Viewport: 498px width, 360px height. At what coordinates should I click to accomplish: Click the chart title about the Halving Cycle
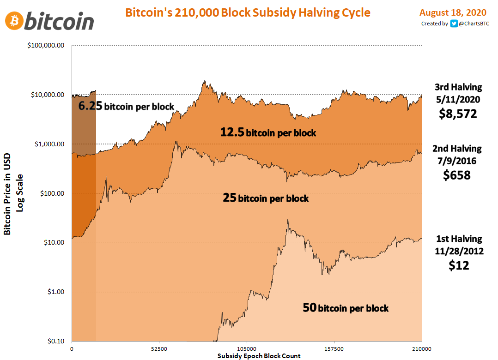click(248, 12)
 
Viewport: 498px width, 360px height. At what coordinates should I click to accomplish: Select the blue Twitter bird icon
click(454, 24)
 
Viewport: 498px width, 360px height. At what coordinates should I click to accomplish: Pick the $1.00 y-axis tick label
click(55, 292)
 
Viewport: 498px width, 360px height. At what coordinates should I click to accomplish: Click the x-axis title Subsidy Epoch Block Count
click(259, 355)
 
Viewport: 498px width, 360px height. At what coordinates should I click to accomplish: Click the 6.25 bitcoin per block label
click(126, 106)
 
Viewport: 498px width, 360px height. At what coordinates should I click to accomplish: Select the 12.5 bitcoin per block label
click(268, 132)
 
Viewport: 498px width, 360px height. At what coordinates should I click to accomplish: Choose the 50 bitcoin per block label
click(346, 307)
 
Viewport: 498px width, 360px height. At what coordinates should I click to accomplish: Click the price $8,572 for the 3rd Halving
click(457, 113)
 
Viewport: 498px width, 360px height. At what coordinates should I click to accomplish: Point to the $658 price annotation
click(457, 175)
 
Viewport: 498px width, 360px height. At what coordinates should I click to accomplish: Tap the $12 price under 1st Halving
click(459, 265)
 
